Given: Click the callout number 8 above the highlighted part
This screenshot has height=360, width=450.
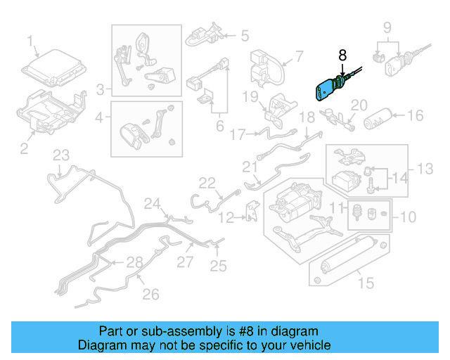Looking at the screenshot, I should pyautogui.click(x=342, y=55).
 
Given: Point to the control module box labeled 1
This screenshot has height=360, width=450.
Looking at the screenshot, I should pyautogui.click(x=51, y=70).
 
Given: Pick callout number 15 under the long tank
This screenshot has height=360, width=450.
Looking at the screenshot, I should pyautogui.click(x=366, y=285).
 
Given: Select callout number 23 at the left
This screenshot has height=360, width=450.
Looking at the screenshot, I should pyautogui.click(x=61, y=155).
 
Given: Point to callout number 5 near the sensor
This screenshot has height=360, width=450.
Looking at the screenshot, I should pyautogui.click(x=244, y=34).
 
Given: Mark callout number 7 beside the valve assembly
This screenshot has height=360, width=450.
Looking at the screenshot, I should pyautogui.click(x=298, y=56).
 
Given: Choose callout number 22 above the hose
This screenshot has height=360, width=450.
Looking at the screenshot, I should pyautogui.click(x=206, y=184).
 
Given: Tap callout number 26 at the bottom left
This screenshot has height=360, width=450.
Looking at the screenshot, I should pyautogui.click(x=151, y=295).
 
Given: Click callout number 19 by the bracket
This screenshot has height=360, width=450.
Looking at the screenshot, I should pyautogui.click(x=252, y=96).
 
